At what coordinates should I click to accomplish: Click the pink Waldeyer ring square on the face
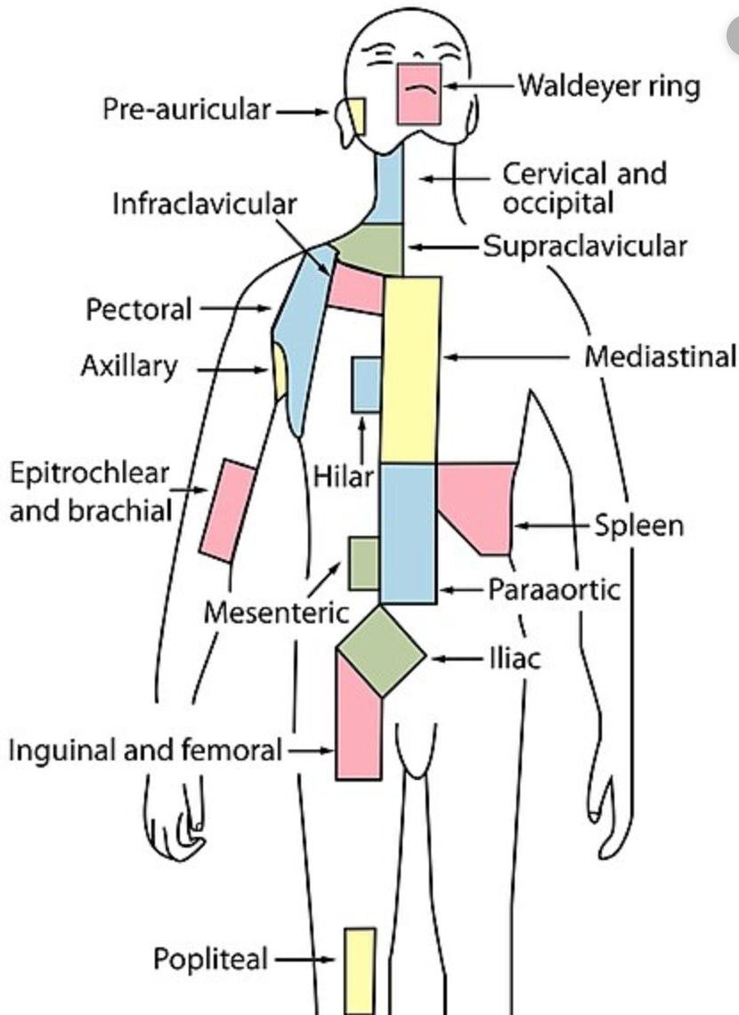tap(419, 93)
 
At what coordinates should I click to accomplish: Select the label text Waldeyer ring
tap(609, 86)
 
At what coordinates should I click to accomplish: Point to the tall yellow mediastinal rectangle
tap(410, 369)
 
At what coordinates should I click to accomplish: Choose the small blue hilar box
tap(366, 385)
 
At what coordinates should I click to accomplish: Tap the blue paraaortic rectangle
tap(409, 532)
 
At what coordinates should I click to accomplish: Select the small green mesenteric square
tap(363, 563)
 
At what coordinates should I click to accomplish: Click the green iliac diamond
tap(380, 652)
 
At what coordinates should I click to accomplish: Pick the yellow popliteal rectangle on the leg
tap(360, 970)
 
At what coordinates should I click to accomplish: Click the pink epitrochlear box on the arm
tap(227, 510)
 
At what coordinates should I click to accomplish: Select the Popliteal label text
tap(210, 959)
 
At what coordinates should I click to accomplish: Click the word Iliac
tap(515, 660)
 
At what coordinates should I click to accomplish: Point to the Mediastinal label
tap(660, 356)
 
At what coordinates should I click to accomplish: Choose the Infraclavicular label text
tap(204, 203)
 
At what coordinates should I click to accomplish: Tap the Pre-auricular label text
tap(186, 110)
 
